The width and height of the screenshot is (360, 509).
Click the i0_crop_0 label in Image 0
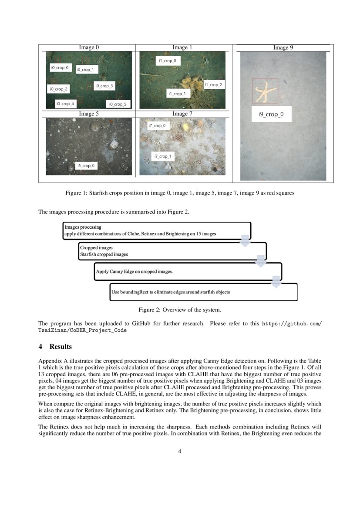click(59, 68)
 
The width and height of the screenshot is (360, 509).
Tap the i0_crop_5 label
click(118, 104)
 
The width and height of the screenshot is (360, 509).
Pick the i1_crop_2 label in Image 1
click(213, 85)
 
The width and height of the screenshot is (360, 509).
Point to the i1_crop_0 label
click(168, 61)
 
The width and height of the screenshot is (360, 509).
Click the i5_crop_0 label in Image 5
click(87, 166)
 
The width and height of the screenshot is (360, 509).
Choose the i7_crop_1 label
click(162, 156)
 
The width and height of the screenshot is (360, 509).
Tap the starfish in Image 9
click(264, 91)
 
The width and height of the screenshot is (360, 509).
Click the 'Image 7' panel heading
click(179, 114)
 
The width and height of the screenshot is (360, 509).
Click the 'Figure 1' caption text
click(180, 193)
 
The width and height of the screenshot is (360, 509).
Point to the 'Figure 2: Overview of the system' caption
click(180, 310)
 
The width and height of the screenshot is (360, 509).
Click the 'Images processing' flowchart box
click(157, 230)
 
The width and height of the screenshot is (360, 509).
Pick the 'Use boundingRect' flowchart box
click(204, 292)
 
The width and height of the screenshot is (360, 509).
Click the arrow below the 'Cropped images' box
click(261, 261)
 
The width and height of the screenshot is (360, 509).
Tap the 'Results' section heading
click(55, 347)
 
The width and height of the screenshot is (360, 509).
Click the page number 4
click(180, 451)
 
